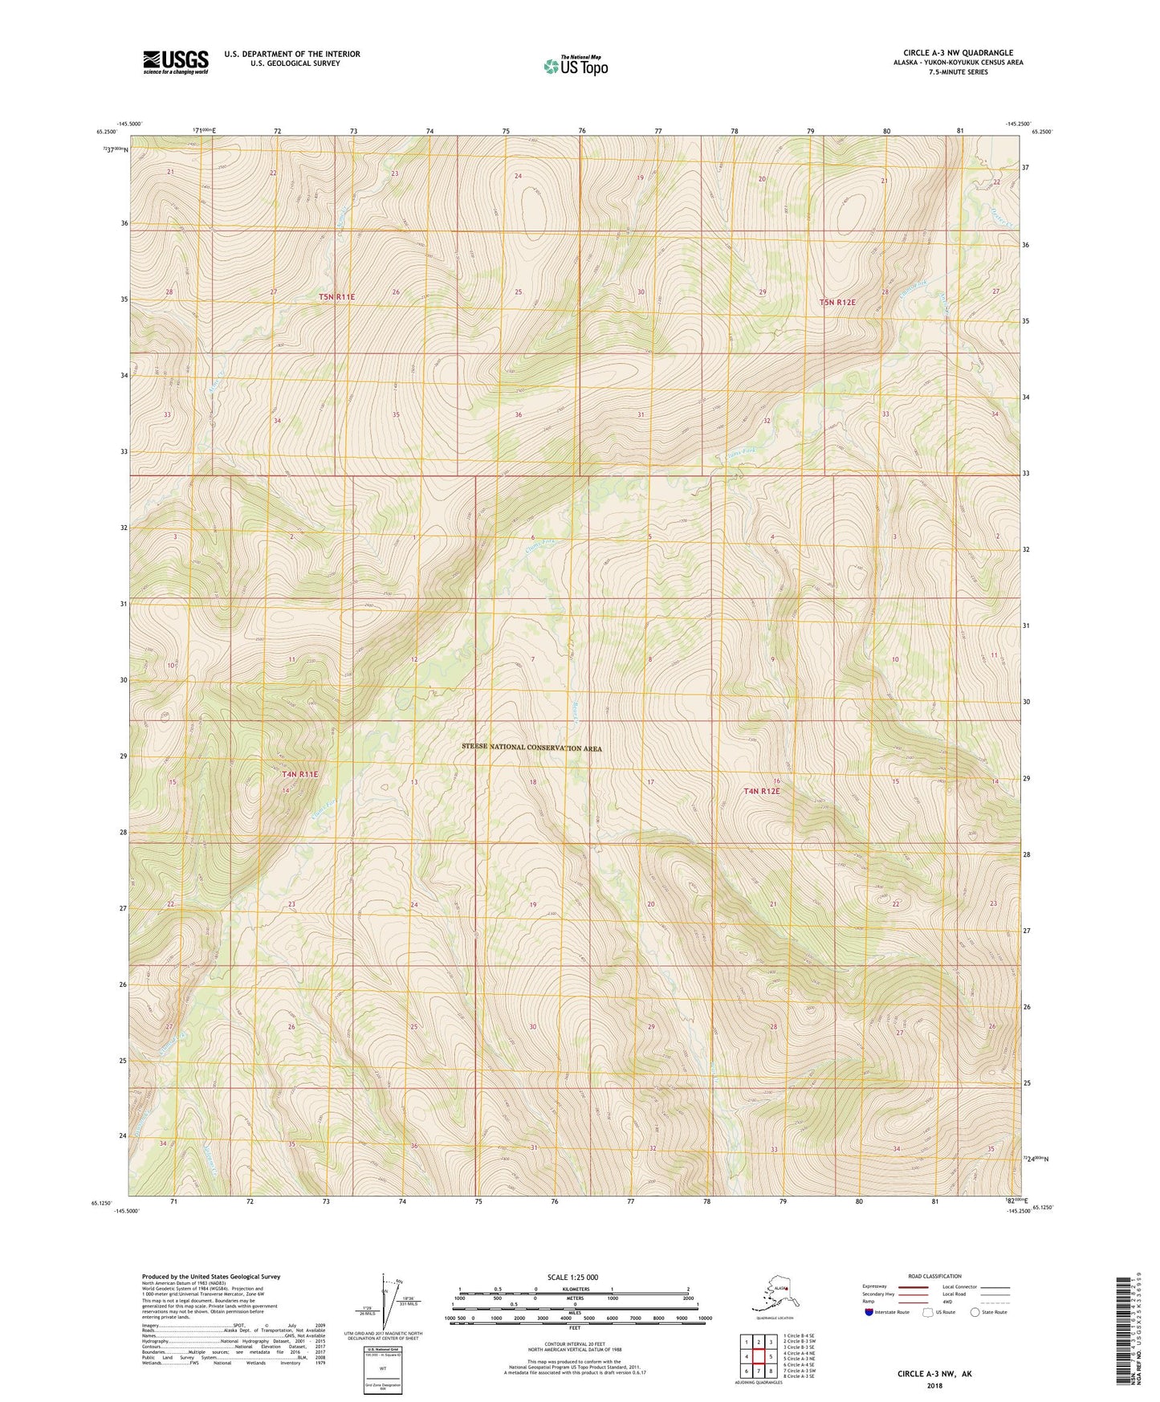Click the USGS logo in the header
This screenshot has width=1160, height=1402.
coord(175,62)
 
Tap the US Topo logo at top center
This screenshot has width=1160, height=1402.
coord(575,65)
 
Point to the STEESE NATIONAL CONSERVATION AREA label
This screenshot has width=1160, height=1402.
coord(531,748)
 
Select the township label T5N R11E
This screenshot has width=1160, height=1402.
coord(336,297)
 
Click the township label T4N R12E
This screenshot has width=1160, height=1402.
coord(761,791)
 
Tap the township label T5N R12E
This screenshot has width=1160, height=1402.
coord(837,303)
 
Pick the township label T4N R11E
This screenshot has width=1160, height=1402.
coord(299,775)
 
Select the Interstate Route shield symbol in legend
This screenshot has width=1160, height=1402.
coord(869,1312)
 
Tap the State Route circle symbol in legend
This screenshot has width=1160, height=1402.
coord(975,1312)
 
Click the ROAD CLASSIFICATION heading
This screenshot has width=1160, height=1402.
coord(934,1276)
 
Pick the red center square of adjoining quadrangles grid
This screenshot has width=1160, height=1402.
coord(759,1356)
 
